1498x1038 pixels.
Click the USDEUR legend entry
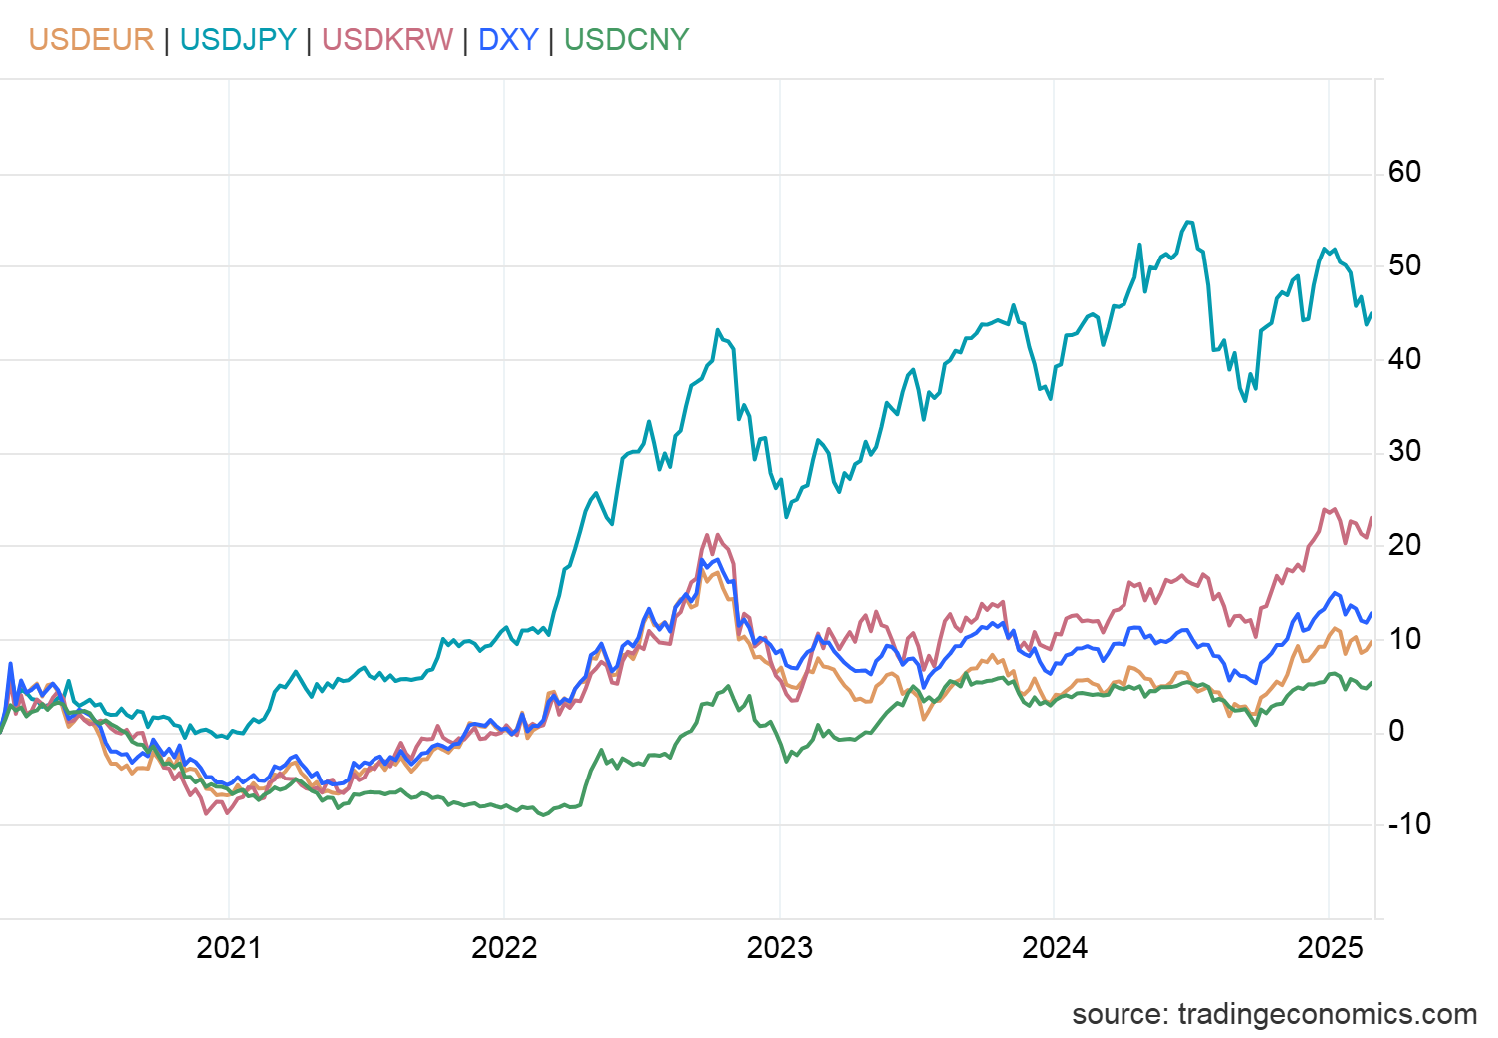click(91, 40)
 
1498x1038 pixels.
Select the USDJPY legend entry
click(238, 40)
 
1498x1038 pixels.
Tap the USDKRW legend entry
click(387, 40)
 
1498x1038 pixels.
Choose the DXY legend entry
click(508, 40)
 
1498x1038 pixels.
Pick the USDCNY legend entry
click(626, 40)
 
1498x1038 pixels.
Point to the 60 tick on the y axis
click(1403, 172)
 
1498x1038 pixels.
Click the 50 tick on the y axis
click(1403, 265)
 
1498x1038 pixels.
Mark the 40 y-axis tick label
click(1403, 358)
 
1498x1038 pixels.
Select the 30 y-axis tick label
click(1403, 451)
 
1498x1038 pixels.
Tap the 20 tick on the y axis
click(1403, 545)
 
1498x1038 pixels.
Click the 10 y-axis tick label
click(1403, 638)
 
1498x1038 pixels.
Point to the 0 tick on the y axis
click(1395, 731)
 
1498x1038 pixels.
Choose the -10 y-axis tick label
click(1408, 824)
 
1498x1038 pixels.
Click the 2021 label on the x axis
click(229, 947)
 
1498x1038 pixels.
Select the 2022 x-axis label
click(504, 947)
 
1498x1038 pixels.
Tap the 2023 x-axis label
click(779, 947)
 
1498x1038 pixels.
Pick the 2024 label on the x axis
click(1055, 947)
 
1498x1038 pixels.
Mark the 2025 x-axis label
click(1330, 947)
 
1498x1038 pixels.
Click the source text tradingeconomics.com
click(1273, 1014)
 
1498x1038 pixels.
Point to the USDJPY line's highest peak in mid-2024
click(1187, 222)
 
